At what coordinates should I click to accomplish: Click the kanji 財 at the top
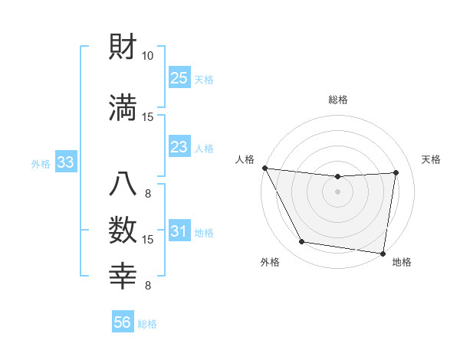(123, 49)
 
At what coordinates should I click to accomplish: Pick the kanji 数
(123, 230)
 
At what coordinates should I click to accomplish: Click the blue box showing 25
(179, 78)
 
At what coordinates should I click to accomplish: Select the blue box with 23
(179, 147)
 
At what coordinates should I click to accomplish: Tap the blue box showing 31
(179, 232)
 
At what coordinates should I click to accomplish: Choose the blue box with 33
(66, 162)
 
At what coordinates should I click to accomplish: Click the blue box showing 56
(123, 323)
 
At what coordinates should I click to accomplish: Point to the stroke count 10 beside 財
(147, 56)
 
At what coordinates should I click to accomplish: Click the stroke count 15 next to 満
(147, 116)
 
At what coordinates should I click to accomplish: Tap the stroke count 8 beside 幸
(148, 286)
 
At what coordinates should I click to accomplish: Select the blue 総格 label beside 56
(147, 324)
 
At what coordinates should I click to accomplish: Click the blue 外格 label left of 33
(41, 164)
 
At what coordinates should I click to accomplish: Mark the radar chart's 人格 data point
(264, 168)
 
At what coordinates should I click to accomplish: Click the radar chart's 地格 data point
(383, 253)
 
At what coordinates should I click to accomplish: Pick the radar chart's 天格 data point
(396, 172)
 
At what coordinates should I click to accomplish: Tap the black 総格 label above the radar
(337, 100)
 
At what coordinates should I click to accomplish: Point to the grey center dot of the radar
(337, 191)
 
